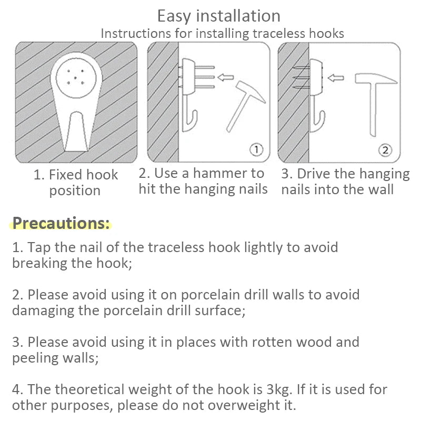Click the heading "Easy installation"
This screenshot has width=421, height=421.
coord(219,16)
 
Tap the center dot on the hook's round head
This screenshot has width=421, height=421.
coord(75,78)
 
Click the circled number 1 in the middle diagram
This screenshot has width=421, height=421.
coord(256,149)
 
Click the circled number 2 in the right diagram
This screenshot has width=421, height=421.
coord(385,150)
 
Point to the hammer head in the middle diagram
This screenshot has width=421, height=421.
coord(251,91)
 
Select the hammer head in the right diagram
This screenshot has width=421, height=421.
coord(376,78)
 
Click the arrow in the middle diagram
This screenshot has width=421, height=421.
coord(225,77)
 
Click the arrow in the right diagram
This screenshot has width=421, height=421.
coord(336,78)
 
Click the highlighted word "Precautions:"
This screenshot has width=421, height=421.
coord(61,223)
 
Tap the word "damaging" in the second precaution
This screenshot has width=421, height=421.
coord(43,311)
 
